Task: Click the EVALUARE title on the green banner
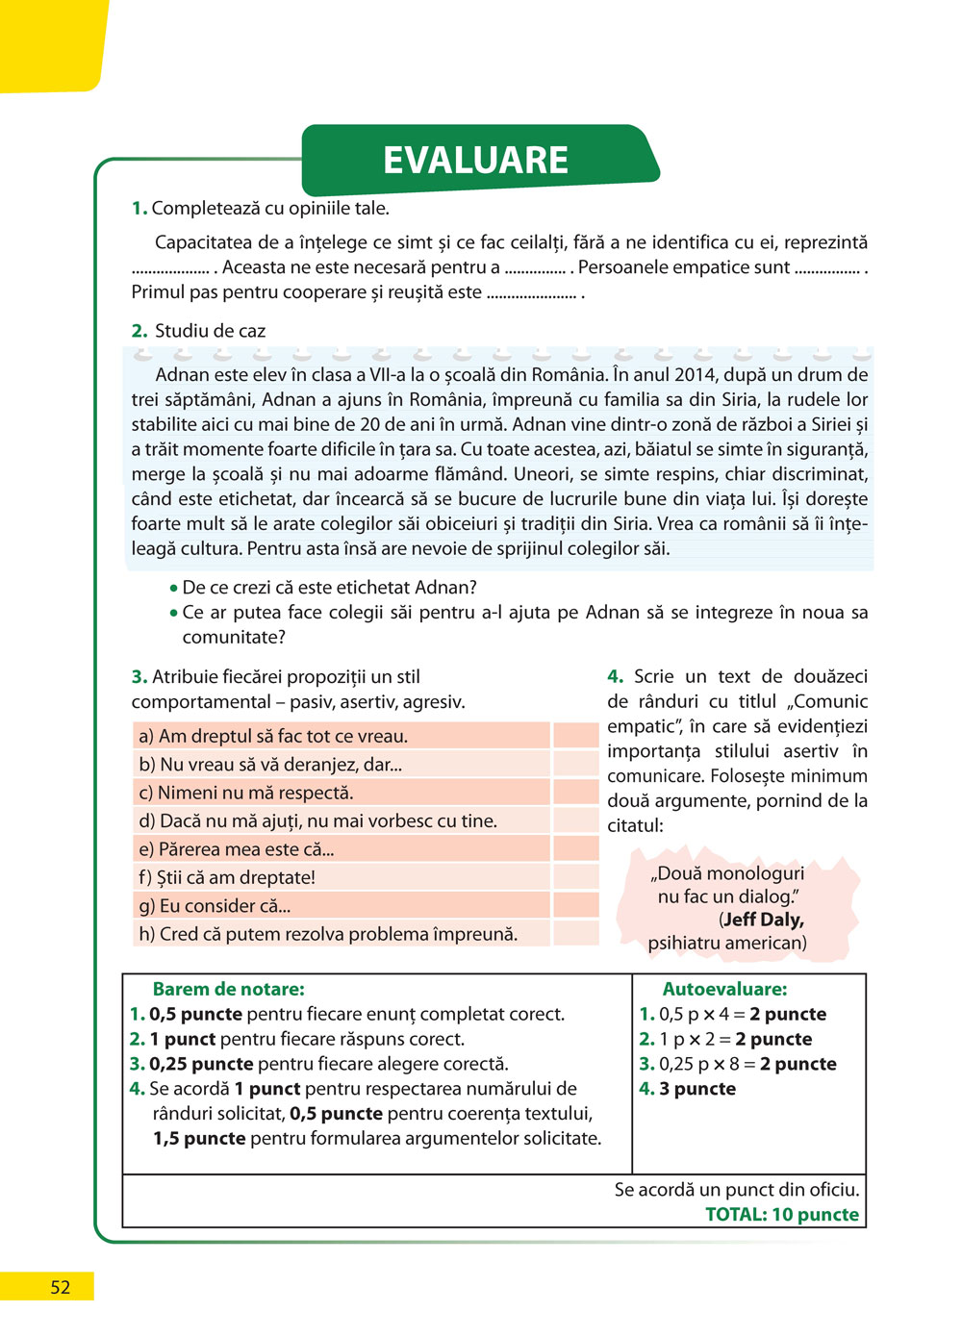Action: click(x=475, y=160)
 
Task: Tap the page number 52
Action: click(x=60, y=1287)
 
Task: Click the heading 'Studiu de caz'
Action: click(x=210, y=331)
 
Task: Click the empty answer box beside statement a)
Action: click(x=576, y=736)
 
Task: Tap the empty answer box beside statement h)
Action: click(x=576, y=933)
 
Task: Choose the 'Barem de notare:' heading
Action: click(x=228, y=989)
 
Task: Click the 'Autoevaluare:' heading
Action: click(x=724, y=989)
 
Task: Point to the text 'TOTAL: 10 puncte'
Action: click(x=781, y=1214)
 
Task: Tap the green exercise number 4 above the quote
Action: click(x=616, y=677)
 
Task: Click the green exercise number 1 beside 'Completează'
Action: click(x=139, y=209)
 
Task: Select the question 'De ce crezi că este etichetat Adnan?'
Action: click(x=329, y=588)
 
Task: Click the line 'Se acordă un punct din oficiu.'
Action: click(x=737, y=1190)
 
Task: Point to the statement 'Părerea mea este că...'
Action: click(x=245, y=849)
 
